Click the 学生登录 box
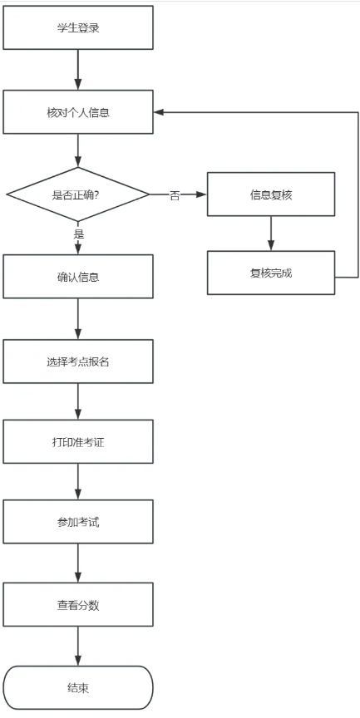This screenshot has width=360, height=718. point(78,27)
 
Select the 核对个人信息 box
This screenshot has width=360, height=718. point(78,111)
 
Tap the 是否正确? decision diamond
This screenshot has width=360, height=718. point(78,194)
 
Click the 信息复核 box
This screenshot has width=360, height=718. point(270,194)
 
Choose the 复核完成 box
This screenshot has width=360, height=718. point(270,273)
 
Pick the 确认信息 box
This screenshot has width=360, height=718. point(78,277)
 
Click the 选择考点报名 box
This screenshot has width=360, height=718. point(78,360)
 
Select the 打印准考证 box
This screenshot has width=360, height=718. point(78,441)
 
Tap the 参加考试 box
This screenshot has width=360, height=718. point(78,522)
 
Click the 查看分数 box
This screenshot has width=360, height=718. point(78,604)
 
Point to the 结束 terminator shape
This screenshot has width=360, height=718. point(78,687)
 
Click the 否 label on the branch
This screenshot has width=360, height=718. point(175,195)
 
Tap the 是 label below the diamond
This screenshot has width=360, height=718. point(79,234)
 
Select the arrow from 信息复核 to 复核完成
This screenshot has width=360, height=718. point(270,234)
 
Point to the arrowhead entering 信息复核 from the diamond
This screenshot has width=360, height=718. point(201,194)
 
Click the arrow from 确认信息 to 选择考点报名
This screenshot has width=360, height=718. point(78,318)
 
